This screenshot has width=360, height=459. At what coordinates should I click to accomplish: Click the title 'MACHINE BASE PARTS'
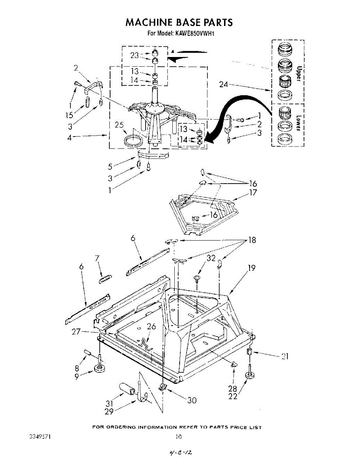coord(179,22)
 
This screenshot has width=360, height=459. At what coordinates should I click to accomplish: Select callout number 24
coord(224,85)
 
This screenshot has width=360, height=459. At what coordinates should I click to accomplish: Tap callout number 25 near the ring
coord(119,125)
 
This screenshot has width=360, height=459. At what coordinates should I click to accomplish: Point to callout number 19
coord(251,268)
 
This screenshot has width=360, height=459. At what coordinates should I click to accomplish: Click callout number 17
coord(253,193)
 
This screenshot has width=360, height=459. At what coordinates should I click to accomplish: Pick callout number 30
coord(191,400)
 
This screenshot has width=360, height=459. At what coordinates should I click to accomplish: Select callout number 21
coord(284,356)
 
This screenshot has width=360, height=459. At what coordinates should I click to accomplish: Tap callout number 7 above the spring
coord(97,259)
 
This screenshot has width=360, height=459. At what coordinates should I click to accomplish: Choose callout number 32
coord(211,258)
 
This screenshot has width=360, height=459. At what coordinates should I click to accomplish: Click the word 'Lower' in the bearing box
coord(299,123)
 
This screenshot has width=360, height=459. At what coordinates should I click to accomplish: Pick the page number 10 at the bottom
coord(178,436)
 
